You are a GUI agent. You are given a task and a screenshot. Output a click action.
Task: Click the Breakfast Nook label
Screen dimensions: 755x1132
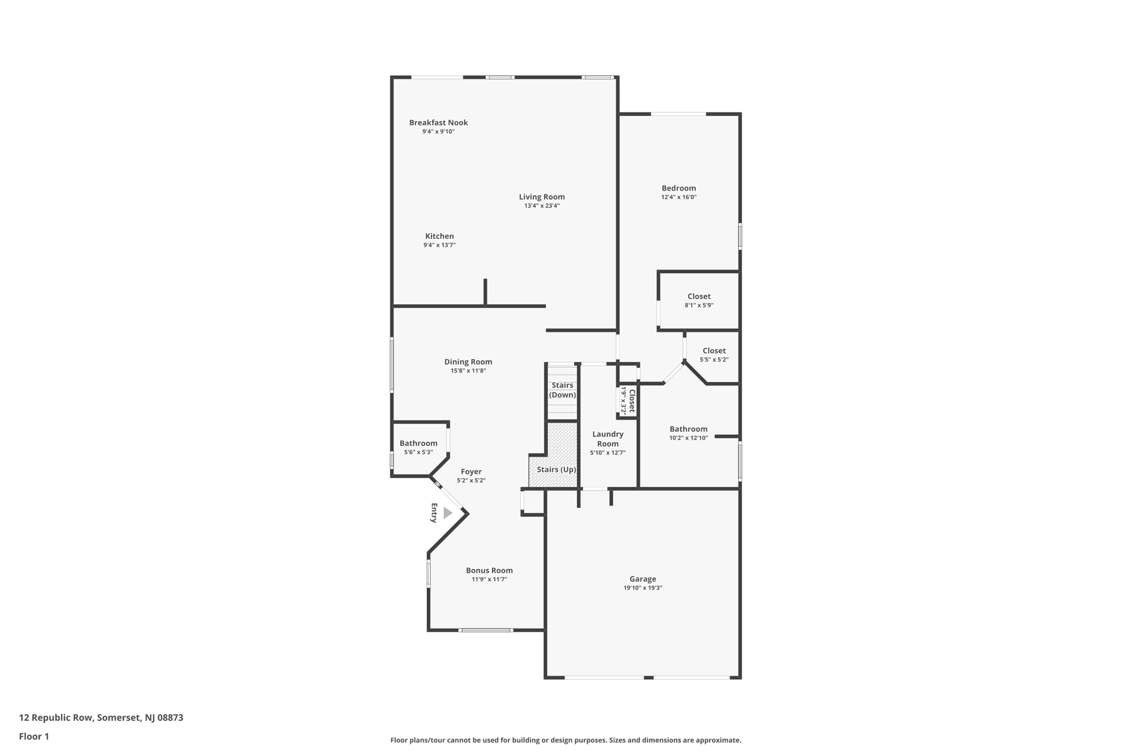pyautogui.click(x=438, y=123)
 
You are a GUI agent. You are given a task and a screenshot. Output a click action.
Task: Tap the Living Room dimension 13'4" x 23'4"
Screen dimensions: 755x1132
pyautogui.click(x=542, y=206)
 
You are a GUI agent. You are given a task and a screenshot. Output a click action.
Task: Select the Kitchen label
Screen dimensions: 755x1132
pyautogui.click(x=439, y=236)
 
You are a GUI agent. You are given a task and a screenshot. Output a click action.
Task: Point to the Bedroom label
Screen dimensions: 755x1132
pyautogui.click(x=679, y=188)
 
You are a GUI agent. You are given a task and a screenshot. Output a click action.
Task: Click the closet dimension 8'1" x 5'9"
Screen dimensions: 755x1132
pyautogui.click(x=699, y=305)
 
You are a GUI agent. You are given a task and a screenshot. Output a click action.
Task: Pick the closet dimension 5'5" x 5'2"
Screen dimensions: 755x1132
pyautogui.click(x=714, y=360)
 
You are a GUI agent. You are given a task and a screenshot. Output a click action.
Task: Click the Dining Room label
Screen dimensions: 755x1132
pyautogui.click(x=468, y=362)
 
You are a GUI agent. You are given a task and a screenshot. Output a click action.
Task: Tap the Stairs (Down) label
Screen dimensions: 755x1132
pyautogui.click(x=562, y=390)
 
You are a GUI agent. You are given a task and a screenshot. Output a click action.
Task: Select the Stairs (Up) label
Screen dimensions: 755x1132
pyautogui.click(x=557, y=470)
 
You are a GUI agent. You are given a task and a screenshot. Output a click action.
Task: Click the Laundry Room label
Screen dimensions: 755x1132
pyautogui.click(x=608, y=439)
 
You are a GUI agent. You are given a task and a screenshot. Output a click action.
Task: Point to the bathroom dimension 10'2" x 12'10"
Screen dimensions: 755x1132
pyautogui.click(x=688, y=438)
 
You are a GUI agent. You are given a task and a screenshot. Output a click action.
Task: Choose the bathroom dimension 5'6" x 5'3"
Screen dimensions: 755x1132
pyautogui.click(x=418, y=452)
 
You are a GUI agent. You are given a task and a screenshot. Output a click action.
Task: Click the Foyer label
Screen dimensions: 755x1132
pyautogui.click(x=471, y=472)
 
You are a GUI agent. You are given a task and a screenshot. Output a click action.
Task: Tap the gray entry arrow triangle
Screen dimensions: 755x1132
pyautogui.click(x=447, y=513)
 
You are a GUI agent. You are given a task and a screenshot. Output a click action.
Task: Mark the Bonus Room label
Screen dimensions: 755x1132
pyautogui.click(x=489, y=570)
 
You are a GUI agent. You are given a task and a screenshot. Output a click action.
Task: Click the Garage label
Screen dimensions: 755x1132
pyautogui.click(x=643, y=579)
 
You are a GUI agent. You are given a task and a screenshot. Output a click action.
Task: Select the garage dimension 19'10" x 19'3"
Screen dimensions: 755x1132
pyautogui.click(x=643, y=588)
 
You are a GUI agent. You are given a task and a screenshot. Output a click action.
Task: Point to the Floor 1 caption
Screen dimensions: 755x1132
pyautogui.click(x=34, y=737)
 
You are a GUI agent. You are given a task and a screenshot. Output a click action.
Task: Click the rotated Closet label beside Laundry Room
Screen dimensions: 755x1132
pyautogui.click(x=632, y=400)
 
